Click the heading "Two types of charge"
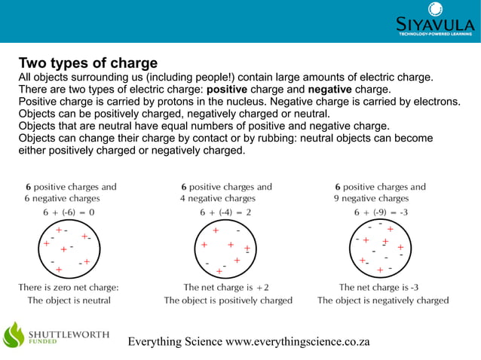(87, 63)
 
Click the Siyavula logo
(435, 20)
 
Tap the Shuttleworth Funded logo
(57, 334)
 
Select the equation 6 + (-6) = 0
(69, 212)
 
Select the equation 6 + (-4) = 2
(225, 212)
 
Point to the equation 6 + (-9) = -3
(381, 212)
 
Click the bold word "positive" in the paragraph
(232, 89)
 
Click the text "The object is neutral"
(69, 300)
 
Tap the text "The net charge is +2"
(226, 287)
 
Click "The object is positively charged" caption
(228, 300)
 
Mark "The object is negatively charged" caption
(383, 300)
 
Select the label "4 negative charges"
(218, 199)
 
